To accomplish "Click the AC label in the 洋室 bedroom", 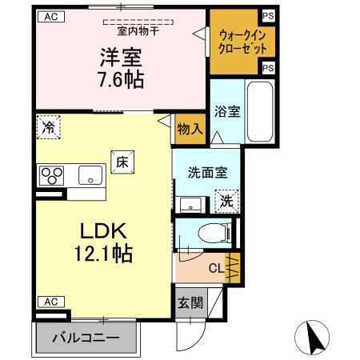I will [x=50, y=16].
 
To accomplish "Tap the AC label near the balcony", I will [x=50, y=301].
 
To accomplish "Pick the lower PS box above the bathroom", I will [x=268, y=68].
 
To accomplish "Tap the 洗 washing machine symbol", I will [x=227, y=200].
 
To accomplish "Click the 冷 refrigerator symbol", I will [x=49, y=126].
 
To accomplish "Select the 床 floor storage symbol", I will [x=122, y=160].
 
